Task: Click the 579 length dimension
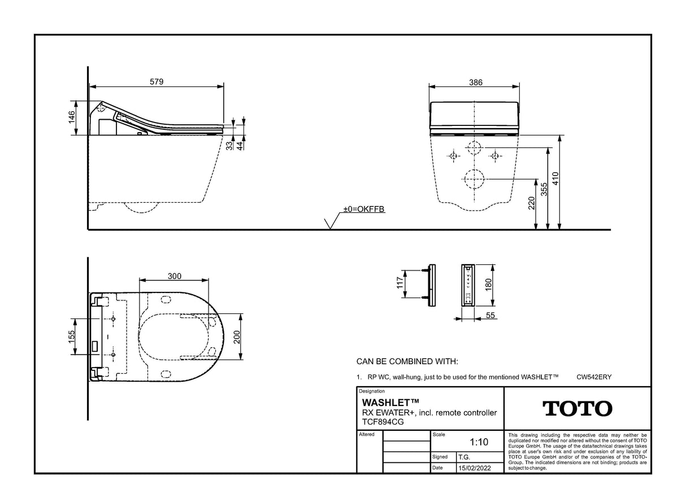[157, 82]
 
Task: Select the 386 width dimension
[475, 82]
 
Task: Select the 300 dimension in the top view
[175, 276]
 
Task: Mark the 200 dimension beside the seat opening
[238, 337]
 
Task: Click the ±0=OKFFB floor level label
[364, 209]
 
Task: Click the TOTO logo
[577, 408]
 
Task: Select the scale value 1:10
[478, 443]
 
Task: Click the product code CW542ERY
[594, 377]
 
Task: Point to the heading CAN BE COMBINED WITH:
[407, 361]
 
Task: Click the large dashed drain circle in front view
[474, 180]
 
